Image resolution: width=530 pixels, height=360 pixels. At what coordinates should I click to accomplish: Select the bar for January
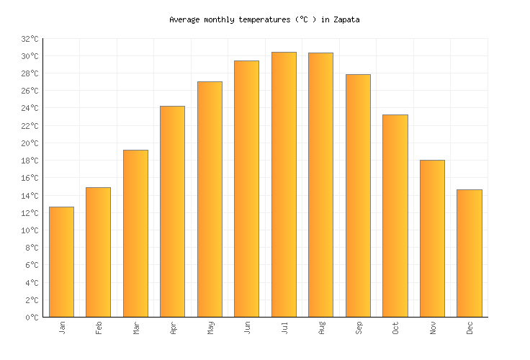tap(61, 262)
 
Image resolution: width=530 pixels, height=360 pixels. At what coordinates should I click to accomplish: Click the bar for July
tap(284, 184)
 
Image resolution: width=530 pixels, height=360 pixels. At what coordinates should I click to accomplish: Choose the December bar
tap(469, 253)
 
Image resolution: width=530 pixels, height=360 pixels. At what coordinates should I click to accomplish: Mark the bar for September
tap(358, 195)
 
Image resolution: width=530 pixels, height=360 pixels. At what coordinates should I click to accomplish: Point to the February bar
tap(98, 252)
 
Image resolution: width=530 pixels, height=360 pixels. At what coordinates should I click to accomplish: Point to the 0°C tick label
tap(32, 318)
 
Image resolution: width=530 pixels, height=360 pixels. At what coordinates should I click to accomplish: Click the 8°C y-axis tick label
tap(32, 248)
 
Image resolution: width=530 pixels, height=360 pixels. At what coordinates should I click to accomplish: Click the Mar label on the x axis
tap(136, 328)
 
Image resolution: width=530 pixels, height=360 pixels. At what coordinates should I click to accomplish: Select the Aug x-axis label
tap(322, 328)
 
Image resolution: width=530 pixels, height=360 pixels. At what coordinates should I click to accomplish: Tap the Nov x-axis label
tap(433, 328)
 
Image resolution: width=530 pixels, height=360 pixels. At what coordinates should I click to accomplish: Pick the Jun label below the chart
tap(248, 328)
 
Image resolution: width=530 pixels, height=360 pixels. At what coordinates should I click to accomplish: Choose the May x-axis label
tap(210, 328)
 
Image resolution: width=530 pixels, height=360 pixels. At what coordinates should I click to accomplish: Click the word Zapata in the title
tap(346, 20)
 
